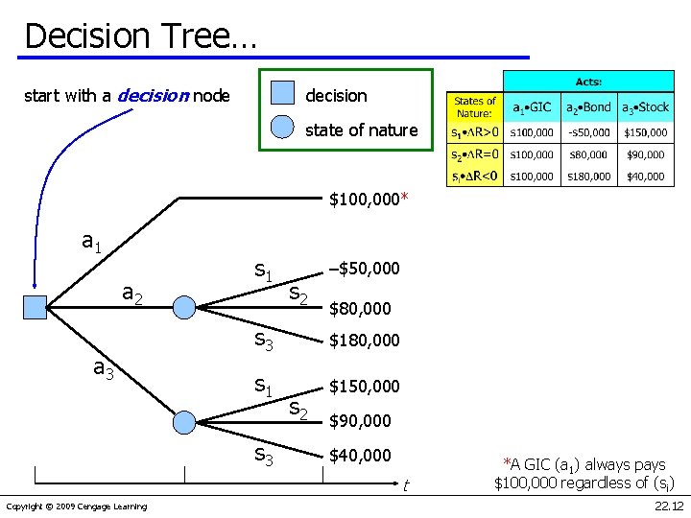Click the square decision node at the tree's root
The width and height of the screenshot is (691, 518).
tap(36, 307)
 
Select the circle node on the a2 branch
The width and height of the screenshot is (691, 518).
tap(185, 307)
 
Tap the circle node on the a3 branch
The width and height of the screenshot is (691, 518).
tap(185, 421)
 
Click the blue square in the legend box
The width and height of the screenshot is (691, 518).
tap(282, 93)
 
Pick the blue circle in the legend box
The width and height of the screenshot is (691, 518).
tap(282, 129)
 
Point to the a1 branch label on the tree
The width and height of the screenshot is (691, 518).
tap(92, 243)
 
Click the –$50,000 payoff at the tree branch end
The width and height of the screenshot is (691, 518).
tap(364, 267)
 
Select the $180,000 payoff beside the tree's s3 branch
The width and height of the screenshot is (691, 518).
tap(364, 341)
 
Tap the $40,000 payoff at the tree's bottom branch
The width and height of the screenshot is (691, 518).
tap(360, 455)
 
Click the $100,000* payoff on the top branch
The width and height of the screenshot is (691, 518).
tap(369, 200)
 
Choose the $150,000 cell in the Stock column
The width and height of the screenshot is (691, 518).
tap(646, 131)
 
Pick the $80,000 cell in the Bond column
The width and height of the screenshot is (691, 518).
tap(587, 154)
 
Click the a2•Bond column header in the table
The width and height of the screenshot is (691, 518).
tap(587, 106)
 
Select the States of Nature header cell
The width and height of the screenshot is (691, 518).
tap(475, 106)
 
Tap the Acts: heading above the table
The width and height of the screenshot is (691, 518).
tap(588, 82)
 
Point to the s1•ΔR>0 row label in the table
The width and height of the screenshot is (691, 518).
tap(475, 131)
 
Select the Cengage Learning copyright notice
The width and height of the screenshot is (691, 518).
tap(77, 506)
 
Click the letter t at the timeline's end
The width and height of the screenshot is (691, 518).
tap(406, 486)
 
